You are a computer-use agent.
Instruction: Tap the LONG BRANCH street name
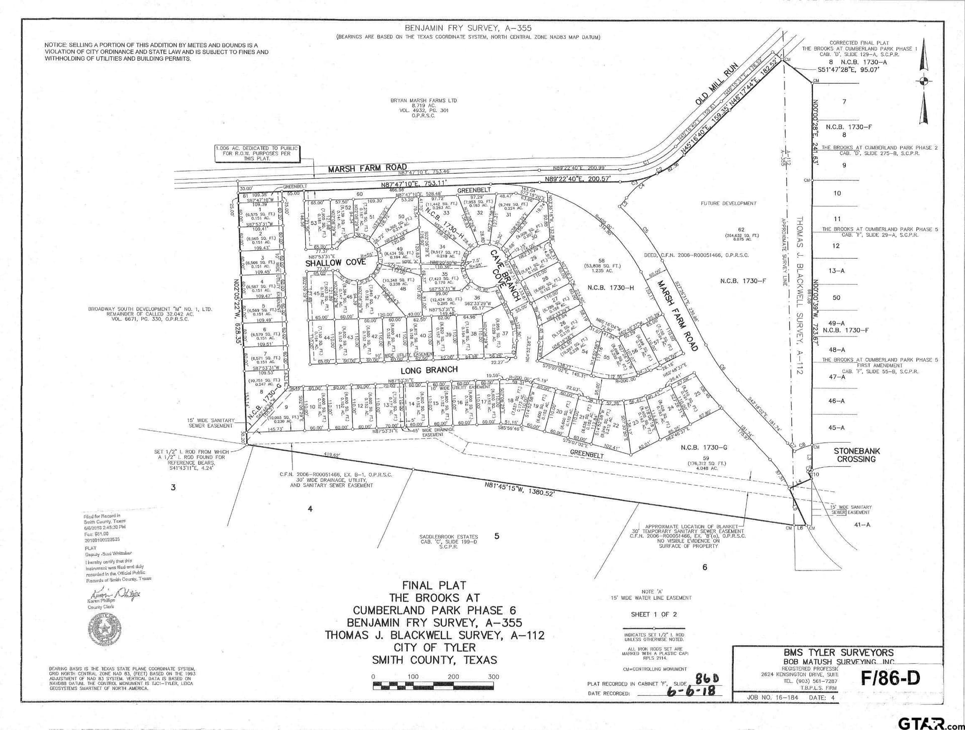coord(429,370)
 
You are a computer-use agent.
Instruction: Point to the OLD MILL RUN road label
coord(717,84)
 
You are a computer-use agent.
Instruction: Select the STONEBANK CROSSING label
coord(856,455)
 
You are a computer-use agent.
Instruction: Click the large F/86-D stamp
coord(891,678)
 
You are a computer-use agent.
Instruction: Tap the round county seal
coord(105,628)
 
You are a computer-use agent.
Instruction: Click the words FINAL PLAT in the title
coord(434,585)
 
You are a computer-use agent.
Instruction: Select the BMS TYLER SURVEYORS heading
coord(838,653)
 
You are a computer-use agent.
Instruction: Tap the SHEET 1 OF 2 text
coord(654,614)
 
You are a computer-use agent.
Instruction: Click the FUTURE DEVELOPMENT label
coord(728,203)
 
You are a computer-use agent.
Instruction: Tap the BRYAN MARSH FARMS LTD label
coord(424,100)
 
